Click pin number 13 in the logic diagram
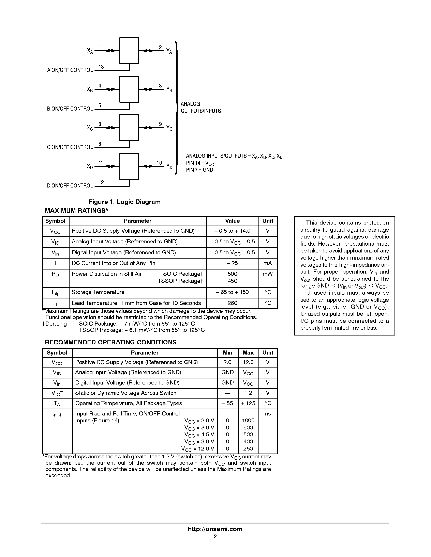101,67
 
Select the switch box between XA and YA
129,50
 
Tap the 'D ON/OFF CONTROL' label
70,186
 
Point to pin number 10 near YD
159,163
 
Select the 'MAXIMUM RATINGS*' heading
76,211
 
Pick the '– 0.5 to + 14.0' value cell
232,231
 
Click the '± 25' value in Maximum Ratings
232,263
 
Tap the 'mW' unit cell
268,274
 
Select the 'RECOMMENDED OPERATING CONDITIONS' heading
110,342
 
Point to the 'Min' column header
227,353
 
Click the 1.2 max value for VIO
248,393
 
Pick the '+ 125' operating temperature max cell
248,403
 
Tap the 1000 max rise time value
248,421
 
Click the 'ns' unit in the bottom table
268,414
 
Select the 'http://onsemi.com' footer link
215,529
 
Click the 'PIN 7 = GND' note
199,170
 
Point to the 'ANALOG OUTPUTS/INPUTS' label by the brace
201,107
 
